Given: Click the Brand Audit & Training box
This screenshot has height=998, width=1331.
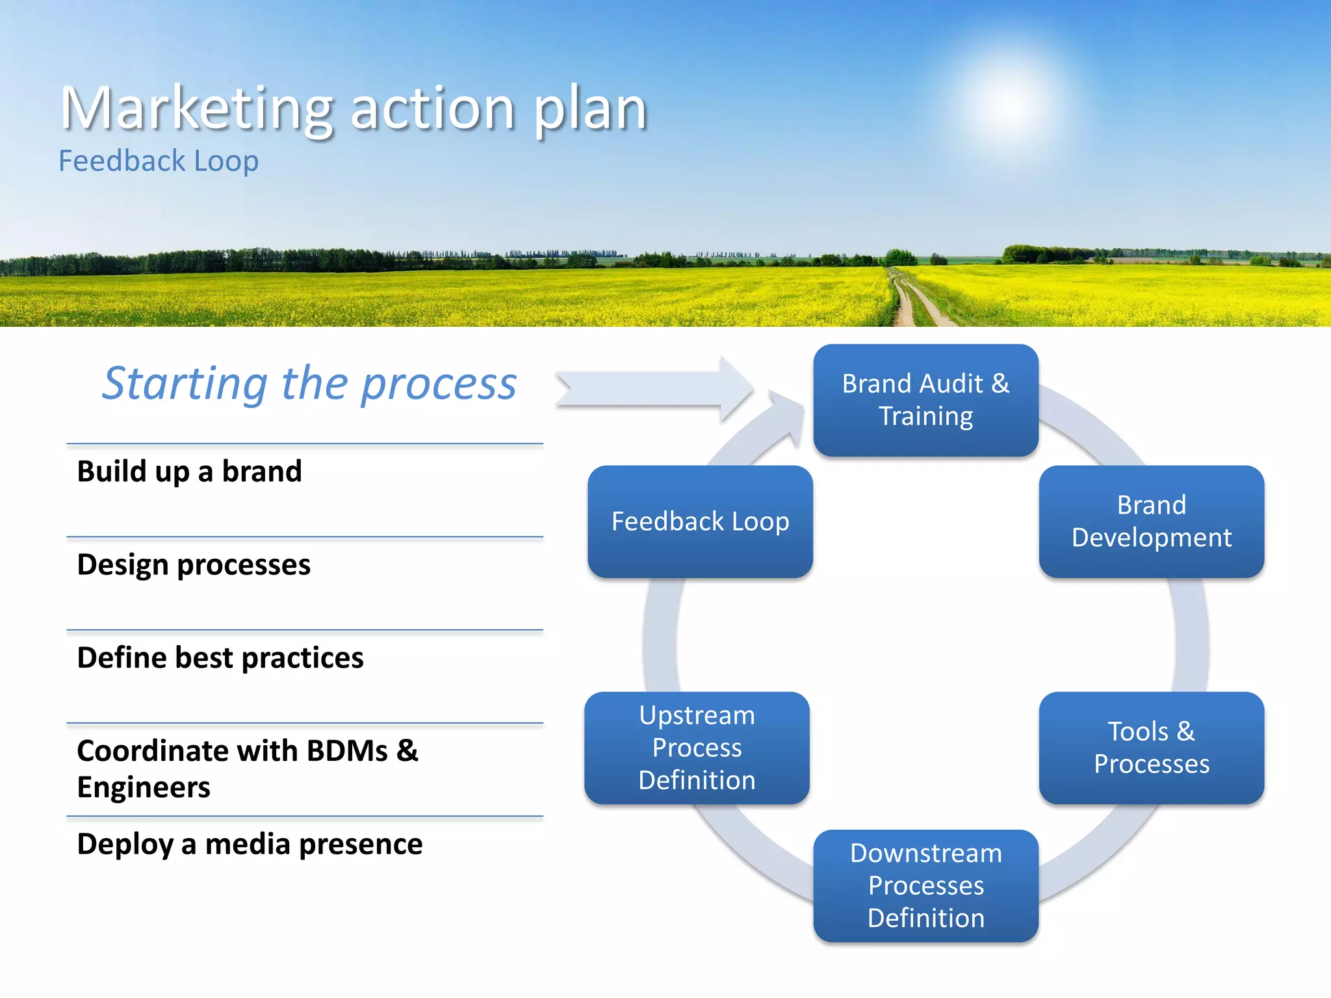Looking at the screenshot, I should pos(925,400).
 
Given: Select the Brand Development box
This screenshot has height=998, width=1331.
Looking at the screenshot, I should pos(1151,521).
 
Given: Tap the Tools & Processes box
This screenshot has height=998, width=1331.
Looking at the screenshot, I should pos(1151,747).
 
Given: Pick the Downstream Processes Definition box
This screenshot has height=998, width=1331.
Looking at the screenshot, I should pos(925,885).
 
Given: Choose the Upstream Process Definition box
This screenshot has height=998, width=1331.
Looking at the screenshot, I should pos(697,747).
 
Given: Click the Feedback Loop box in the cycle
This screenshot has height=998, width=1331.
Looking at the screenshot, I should pos(700,521).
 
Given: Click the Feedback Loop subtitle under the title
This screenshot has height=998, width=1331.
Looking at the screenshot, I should pos(159,160).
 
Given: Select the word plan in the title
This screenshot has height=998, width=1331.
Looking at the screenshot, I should pos(589,109).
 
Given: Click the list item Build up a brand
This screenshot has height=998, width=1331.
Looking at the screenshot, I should pos(189,471).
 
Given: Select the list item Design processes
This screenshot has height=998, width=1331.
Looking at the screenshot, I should pos(194,564).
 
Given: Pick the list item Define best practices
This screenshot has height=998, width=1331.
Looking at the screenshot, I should pos(220,658).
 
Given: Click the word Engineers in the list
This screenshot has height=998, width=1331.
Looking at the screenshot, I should pos(144,787).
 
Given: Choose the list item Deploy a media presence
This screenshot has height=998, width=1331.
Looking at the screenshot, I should pos(250,844).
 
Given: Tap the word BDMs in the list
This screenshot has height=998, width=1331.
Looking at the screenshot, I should pos(347,751).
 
